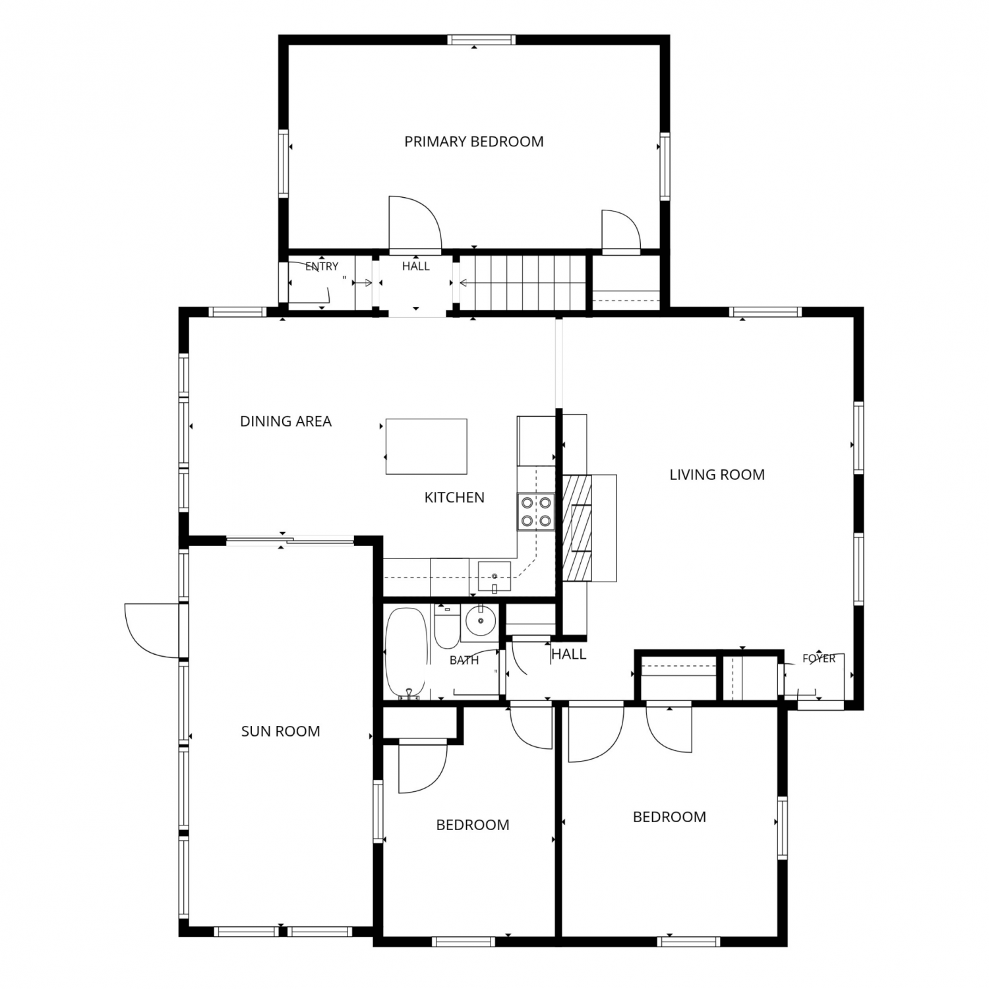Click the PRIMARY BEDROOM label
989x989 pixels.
473,141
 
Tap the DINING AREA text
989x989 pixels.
285,421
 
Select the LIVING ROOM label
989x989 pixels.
717,475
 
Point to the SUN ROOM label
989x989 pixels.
280,731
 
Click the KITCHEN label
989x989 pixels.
454,497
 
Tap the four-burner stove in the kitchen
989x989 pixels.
535,512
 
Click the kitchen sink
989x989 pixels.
494,578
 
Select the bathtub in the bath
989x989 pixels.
407,653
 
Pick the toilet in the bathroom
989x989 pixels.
447,627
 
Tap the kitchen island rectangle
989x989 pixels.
426,446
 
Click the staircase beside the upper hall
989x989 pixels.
523,282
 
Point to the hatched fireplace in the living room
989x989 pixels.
578,527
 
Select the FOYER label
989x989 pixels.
819,658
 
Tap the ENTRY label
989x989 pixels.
322,266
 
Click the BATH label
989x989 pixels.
464,660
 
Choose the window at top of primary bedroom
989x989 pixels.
481,40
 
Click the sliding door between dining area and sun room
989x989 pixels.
290,542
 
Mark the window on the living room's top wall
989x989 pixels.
765,312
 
